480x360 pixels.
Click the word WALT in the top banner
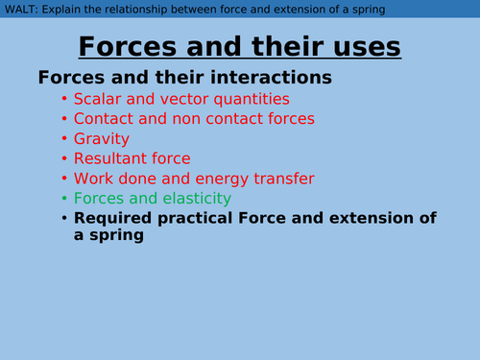20,10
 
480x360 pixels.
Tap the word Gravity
103,139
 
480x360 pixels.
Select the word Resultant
114,158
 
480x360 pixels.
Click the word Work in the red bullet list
95,179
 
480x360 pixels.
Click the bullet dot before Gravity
64,139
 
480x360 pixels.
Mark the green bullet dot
64,199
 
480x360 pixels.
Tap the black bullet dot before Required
64,218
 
